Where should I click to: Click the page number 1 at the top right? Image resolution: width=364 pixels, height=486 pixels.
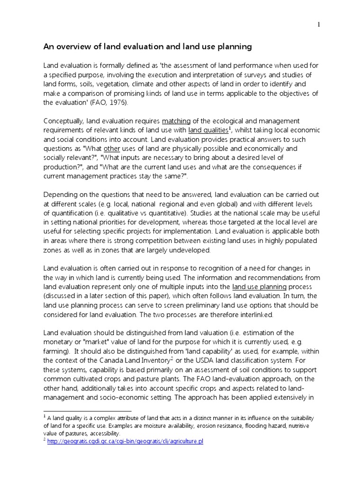click(x=319, y=25)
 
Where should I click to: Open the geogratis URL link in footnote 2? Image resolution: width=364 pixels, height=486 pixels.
click(x=125, y=441)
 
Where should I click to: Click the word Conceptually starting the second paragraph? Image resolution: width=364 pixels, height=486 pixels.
click(x=65, y=121)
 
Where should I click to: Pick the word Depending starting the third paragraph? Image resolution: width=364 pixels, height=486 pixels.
click(x=60, y=195)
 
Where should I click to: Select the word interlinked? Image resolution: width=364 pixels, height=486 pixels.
click(x=255, y=315)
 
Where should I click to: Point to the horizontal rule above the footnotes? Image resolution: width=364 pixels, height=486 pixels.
click(x=87, y=411)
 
